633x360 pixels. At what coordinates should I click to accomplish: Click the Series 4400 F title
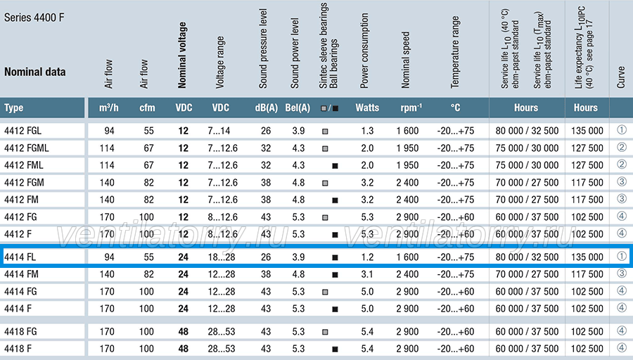(34, 18)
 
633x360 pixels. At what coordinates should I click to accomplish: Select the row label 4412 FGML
(26, 148)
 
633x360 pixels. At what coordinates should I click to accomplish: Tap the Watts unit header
(367, 108)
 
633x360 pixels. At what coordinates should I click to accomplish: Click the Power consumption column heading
(364, 51)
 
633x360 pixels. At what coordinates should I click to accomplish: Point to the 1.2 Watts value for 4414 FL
(367, 257)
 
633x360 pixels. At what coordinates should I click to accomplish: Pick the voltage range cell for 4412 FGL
(219, 131)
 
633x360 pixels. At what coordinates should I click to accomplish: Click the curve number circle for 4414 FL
(622, 256)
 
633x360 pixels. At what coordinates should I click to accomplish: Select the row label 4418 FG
(20, 332)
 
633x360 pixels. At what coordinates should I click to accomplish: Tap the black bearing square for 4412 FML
(335, 166)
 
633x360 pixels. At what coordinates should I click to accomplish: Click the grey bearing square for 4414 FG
(325, 292)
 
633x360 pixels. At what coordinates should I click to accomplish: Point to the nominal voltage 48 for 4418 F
(184, 349)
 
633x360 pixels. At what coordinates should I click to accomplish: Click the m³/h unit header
(109, 108)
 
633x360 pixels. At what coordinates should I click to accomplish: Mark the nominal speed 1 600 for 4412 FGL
(407, 131)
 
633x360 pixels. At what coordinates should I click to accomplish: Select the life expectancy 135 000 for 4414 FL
(587, 257)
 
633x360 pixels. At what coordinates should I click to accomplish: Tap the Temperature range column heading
(455, 52)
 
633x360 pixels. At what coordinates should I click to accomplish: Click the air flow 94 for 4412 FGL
(109, 131)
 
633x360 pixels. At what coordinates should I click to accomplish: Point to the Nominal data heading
(34, 72)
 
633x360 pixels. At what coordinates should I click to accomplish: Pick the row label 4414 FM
(21, 274)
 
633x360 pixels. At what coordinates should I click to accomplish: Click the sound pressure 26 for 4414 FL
(266, 257)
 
